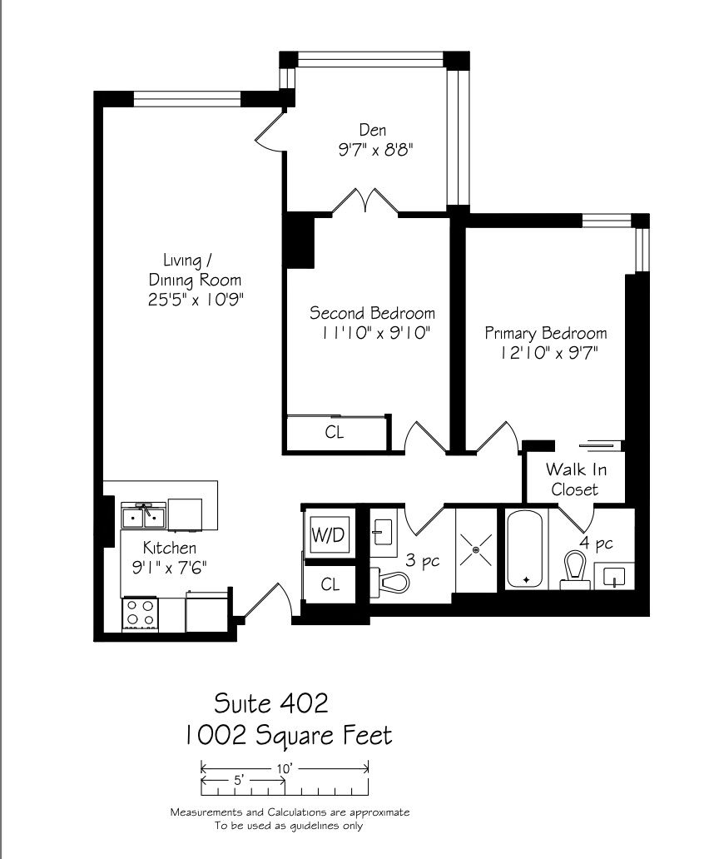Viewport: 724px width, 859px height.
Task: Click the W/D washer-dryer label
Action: [328, 534]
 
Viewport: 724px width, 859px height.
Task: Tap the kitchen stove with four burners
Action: [140, 614]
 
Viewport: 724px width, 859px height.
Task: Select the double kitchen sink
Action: [143, 516]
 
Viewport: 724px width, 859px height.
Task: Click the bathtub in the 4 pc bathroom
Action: [524, 549]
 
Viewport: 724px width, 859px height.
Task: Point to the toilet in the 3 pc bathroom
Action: [389, 582]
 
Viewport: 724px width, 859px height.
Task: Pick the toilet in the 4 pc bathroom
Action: [575, 569]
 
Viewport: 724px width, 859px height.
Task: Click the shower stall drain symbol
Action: [475, 549]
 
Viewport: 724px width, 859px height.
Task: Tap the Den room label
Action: [373, 130]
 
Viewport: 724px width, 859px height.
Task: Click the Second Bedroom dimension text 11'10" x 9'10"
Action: [375, 333]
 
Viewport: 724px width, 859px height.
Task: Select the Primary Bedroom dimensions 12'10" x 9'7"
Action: [548, 353]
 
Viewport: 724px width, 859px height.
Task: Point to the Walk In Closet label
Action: [576, 479]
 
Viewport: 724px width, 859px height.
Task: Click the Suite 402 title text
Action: [271, 703]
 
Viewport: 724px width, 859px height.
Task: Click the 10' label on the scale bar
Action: [284, 768]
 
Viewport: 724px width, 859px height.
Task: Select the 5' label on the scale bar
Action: [238, 780]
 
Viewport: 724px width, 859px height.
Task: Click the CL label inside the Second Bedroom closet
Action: [334, 432]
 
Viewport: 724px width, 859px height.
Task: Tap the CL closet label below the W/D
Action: [330, 584]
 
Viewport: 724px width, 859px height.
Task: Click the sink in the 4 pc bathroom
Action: [614, 576]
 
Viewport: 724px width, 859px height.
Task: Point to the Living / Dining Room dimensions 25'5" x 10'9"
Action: [196, 300]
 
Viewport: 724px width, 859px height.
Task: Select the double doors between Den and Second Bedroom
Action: [365, 201]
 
